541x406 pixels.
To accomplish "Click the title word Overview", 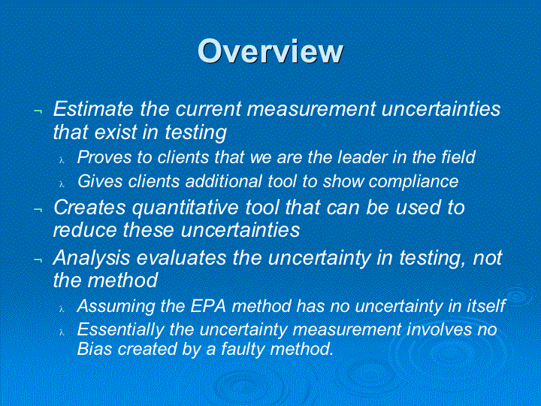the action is (x=270, y=51).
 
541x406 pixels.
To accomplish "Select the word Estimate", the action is (x=93, y=108).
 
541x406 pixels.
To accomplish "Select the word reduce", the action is (x=85, y=229).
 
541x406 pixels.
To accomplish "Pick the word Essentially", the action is (x=120, y=330).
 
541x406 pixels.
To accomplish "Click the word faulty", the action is (x=243, y=349).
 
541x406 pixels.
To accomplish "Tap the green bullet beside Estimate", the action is (x=38, y=111).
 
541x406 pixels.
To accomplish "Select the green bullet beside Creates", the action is (x=38, y=209).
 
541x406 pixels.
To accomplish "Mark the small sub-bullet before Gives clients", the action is (x=62, y=184).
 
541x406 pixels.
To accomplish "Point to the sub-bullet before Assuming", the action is (x=62, y=309).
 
